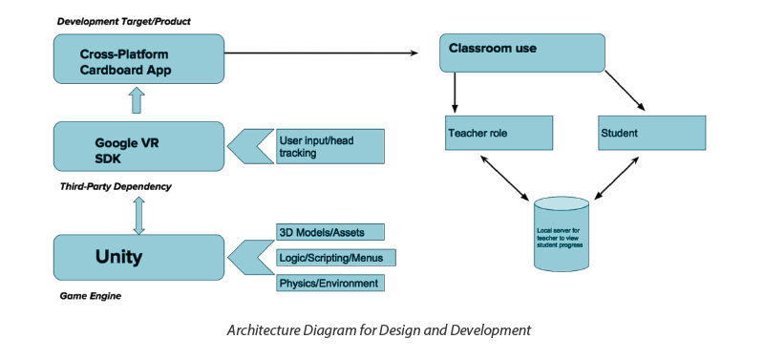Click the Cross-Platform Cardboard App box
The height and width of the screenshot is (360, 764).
pyautogui.click(x=138, y=58)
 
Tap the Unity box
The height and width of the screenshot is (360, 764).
pyautogui.click(x=138, y=257)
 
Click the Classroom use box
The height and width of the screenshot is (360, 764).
pyautogui.click(x=521, y=53)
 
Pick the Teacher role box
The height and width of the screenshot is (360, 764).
pyautogui.click(x=499, y=133)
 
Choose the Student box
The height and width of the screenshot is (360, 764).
pyautogui.click(x=651, y=133)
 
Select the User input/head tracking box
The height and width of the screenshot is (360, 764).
pyautogui.click(x=329, y=146)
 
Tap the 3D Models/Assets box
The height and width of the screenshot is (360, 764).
pyautogui.click(x=330, y=232)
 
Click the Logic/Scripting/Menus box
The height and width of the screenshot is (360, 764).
pyautogui.click(x=335, y=258)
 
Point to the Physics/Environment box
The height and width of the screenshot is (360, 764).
pyautogui.click(x=330, y=284)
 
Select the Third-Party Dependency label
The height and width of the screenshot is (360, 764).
pyautogui.click(x=115, y=186)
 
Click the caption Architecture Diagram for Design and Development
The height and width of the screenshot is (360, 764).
pyautogui.click(x=377, y=330)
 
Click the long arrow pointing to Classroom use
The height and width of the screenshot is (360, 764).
pyautogui.click(x=325, y=53)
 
